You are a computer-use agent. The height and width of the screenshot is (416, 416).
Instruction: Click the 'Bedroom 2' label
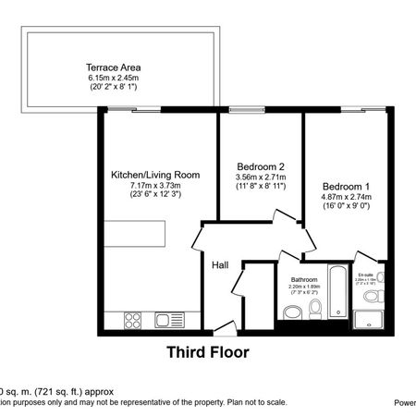260,166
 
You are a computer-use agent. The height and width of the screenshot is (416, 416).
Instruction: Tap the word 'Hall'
220,265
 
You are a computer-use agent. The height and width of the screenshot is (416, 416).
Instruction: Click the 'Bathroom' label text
304,279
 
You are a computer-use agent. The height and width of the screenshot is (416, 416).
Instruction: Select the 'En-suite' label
367,274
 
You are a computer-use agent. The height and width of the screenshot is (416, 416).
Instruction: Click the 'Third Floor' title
207,352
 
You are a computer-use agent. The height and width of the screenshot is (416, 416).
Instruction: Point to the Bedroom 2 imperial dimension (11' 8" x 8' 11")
260,188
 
